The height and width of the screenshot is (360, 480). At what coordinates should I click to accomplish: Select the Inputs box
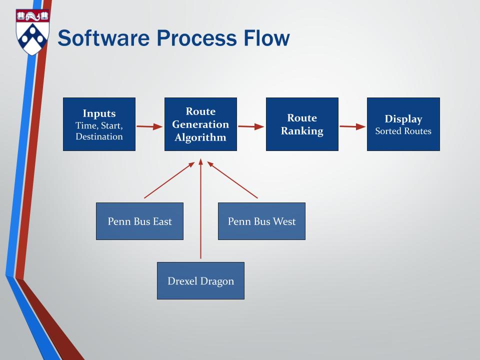pyautogui.click(x=99, y=124)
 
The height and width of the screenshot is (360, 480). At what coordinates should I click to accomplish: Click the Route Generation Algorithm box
pyautogui.click(x=200, y=124)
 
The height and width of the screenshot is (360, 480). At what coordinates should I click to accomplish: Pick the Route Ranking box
pyautogui.click(x=302, y=124)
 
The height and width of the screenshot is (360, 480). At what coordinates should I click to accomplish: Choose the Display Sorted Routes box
pyautogui.click(x=403, y=124)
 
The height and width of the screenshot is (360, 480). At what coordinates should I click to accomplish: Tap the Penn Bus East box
pyautogui.click(x=139, y=221)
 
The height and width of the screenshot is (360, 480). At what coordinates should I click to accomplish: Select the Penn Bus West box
pyautogui.click(x=261, y=221)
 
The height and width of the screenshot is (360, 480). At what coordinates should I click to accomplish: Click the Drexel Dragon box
pyautogui.click(x=200, y=280)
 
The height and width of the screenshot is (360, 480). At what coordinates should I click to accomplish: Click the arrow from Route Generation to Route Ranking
pyautogui.click(x=251, y=126)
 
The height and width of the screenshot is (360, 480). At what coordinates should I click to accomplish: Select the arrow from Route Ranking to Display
pyautogui.click(x=352, y=126)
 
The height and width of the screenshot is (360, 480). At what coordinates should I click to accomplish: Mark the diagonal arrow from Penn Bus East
pyautogui.click(x=169, y=180)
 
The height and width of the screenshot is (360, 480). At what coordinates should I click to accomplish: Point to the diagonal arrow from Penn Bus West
pyautogui.click(x=232, y=180)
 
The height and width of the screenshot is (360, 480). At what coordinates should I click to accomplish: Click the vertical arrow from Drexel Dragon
pyautogui.click(x=200, y=210)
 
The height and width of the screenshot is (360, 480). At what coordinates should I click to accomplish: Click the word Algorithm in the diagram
pyautogui.click(x=200, y=137)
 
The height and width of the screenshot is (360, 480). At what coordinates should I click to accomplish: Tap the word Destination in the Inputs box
pyautogui.click(x=99, y=136)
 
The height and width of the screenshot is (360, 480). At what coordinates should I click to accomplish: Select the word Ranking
pyautogui.click(x=302, y=131)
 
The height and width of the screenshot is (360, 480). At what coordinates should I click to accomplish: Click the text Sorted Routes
pyautogui.click(x=403, y=131)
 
